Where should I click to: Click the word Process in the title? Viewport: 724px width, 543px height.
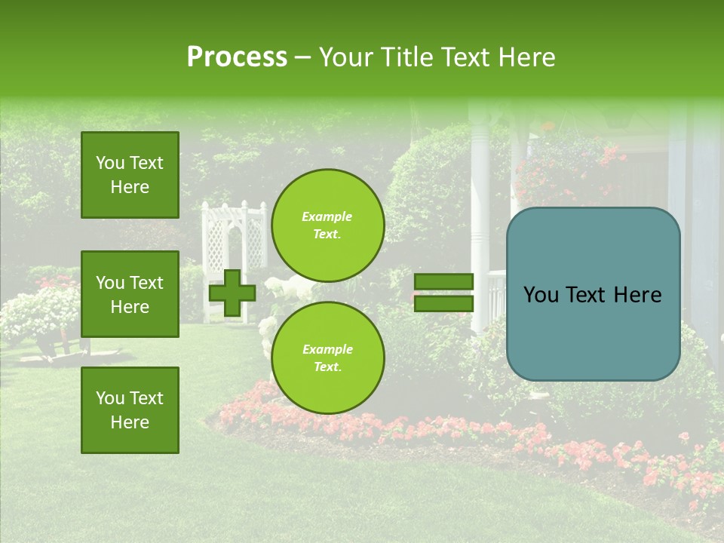[x=237, y=57]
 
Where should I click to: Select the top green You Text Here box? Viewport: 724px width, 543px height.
[x=130, y=175]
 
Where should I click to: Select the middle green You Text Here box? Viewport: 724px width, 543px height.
[x=130, y=294]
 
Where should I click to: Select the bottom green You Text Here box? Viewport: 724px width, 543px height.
[x=130, y=410]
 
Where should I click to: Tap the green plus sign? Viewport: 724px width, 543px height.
[x=232, y=293]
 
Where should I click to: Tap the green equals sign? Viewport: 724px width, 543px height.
[x=443, y=293]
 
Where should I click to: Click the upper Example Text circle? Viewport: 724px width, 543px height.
[x=327, y=225]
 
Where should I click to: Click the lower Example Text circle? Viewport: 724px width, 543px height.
[x=327, y=357]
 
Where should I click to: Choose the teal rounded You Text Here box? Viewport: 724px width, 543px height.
[x=593, y=294]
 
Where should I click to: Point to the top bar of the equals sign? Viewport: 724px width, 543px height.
[x=443, y=281]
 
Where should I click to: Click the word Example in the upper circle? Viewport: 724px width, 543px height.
[x=327, y=216]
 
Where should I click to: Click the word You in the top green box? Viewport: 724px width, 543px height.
[x=110, y=163]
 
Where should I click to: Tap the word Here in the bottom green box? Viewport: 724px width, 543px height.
[x=130, y=422]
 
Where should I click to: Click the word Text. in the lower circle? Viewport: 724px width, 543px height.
[x=327, y=367]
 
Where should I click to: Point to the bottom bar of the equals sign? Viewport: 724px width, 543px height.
[x=443, y=304]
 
